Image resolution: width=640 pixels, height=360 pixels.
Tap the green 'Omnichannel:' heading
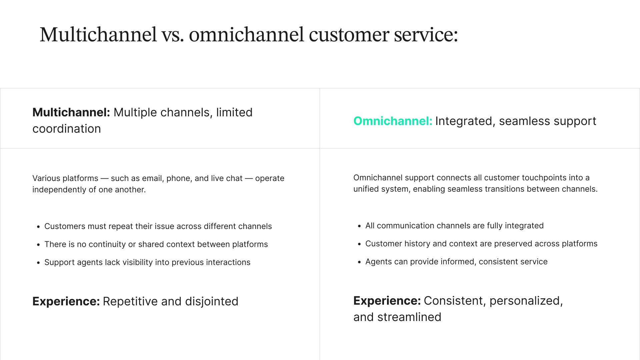pos(393,121)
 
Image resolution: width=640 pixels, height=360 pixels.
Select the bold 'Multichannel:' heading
pos(71,112)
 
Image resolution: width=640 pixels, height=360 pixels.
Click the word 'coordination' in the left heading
pos(67,129)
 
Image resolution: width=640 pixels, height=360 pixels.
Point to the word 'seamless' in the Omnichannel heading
pos(524,121)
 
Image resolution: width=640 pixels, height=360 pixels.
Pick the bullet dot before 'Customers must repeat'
pos(38,227)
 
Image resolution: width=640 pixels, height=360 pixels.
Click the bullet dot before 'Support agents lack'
pos(38,263)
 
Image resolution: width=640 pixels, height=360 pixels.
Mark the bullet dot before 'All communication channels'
pos(359,226)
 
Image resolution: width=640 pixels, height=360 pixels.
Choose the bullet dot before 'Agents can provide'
pos(359,262)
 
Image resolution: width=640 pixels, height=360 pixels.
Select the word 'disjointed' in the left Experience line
pos(212,301)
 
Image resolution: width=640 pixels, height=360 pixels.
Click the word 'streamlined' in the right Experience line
pos(409,317)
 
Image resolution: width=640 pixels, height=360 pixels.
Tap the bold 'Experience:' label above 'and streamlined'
pos(387,301)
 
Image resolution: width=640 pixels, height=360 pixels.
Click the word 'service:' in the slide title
pos(426,35)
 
